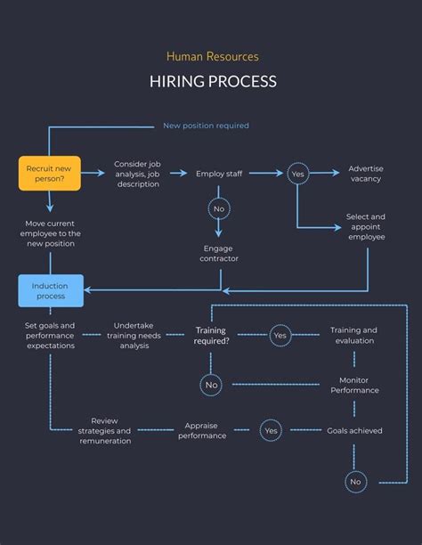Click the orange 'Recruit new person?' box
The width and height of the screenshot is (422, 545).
click(x=50, y=173)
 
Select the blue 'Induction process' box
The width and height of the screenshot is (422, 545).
click(x=50, y=290)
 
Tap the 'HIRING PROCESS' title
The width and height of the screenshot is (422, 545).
click(x=213, y=82)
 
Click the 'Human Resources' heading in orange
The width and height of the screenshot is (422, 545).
click(x=213, y=56)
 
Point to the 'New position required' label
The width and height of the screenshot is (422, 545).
click(x=206, y=126)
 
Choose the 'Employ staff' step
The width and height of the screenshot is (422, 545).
click(x=219, y=174)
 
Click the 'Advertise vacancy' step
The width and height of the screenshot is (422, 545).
click(x=366, y=174)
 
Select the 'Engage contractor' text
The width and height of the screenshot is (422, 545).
click(x=219, y=253)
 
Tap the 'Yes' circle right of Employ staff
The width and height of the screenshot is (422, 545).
click(x=297, y=174)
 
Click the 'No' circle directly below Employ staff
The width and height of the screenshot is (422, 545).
click(x=219, y=209)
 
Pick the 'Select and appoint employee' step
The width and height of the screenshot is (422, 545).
click(x=366, y=226)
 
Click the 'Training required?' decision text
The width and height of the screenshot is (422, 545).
click(x=211, y=336)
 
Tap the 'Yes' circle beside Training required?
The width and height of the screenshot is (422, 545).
click(x=280, y=336)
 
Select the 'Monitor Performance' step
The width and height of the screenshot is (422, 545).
click(x=354, y=385)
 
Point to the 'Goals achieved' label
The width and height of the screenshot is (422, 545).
click(x=354, y=431)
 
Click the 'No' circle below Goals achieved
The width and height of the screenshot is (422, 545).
click(x=355, y=482)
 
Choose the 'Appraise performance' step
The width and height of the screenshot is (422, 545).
click(x=202, y=431)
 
